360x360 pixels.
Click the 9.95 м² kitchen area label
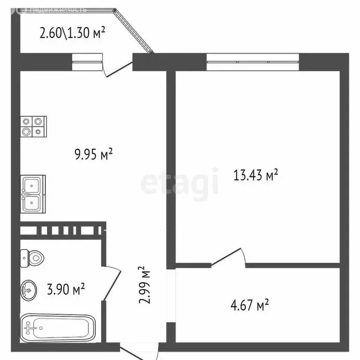pos(94,155)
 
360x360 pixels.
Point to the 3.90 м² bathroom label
pos(65,290)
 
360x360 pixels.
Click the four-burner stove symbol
pos(33,126)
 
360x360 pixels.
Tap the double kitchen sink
pos(33,194)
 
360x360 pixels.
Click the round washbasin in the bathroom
pos(29,290)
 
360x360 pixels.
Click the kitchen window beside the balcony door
pos(87,61)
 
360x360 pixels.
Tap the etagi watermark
pos(180,183)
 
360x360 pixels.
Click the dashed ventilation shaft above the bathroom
pos(63,230)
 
